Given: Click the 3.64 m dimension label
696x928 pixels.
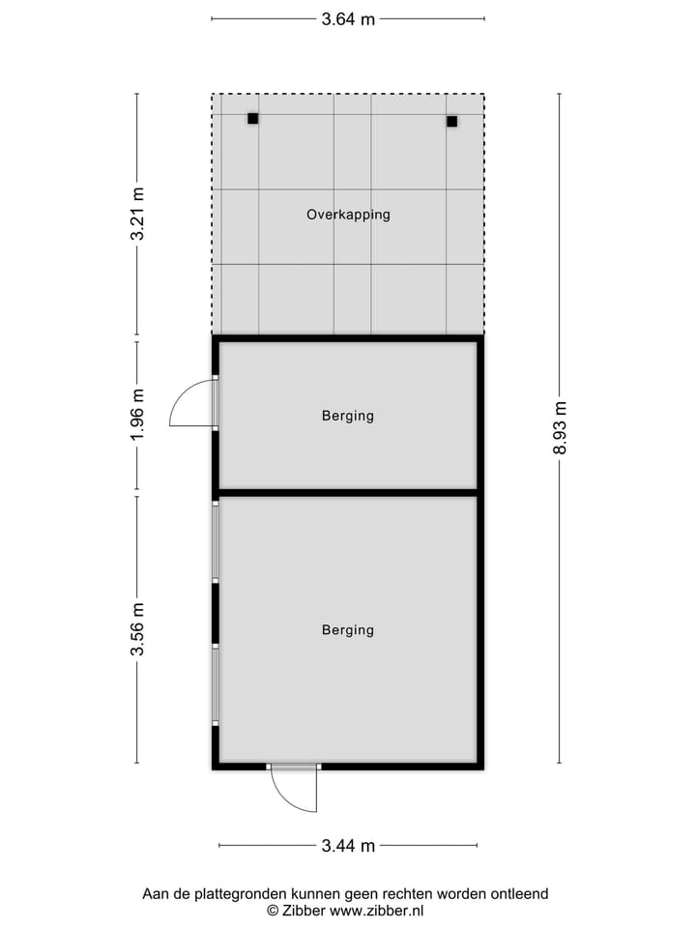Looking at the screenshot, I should [x=348, y=18].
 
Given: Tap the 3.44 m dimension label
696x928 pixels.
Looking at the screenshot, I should [x=348, y=846].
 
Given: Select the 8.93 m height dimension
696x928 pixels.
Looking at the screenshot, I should [x=560, y=428].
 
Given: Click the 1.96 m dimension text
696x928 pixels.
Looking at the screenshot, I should [x=137, y=416].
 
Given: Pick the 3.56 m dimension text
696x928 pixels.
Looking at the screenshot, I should [x=137, y=629].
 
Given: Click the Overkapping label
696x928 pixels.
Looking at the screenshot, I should [x=348, y=215].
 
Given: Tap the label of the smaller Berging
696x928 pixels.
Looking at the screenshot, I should [x=348, y=417].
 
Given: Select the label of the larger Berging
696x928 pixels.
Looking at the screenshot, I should [x=348, y=630].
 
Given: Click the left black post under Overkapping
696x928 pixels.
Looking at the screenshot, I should [x=253, y=119].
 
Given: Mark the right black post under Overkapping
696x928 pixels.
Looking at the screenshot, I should [x=451, y=122].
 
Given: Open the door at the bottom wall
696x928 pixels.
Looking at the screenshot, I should [x=295, y=788].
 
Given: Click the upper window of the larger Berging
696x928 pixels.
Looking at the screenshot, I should [x=216, y=541].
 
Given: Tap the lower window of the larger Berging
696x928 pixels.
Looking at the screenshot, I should [x=216, y=684].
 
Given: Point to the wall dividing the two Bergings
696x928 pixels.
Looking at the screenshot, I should [x=348, y=493].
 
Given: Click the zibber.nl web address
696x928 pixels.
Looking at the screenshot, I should [x=376, y=911].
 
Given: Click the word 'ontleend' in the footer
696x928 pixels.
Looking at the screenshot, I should [x=518, y=894].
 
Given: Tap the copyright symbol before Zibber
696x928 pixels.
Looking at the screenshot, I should [x=273, y=911].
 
